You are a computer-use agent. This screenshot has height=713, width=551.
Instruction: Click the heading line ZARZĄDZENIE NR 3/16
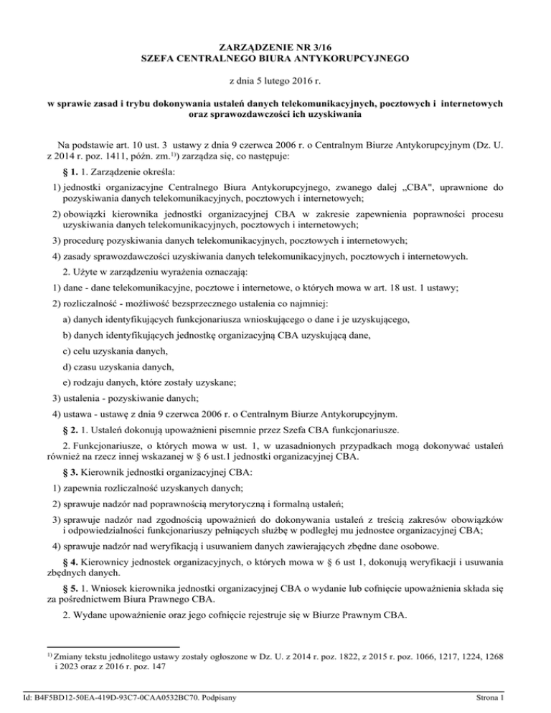pyautogui.click(x=275, y=49)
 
